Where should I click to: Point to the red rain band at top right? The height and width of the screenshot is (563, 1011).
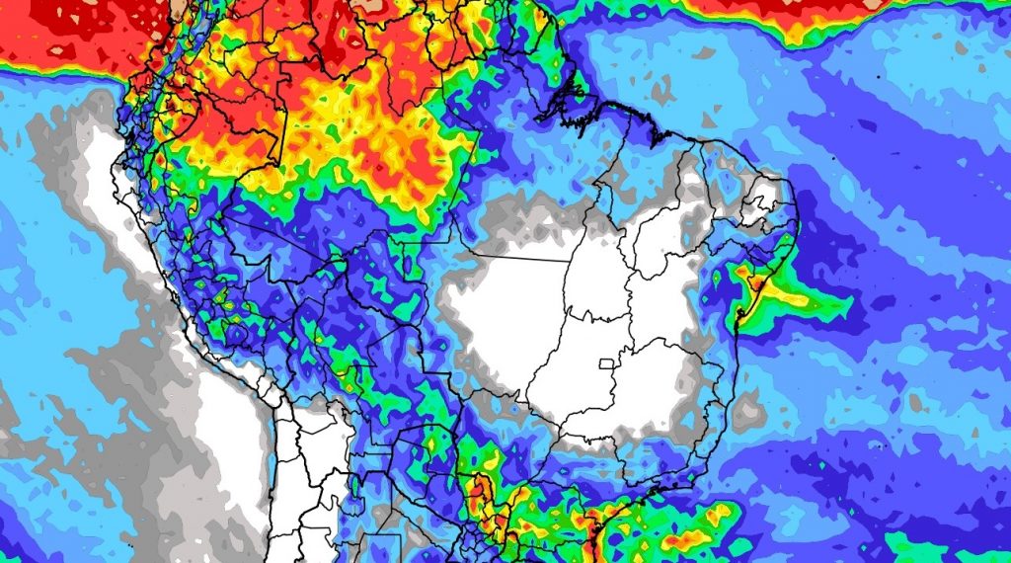(839, 15)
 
